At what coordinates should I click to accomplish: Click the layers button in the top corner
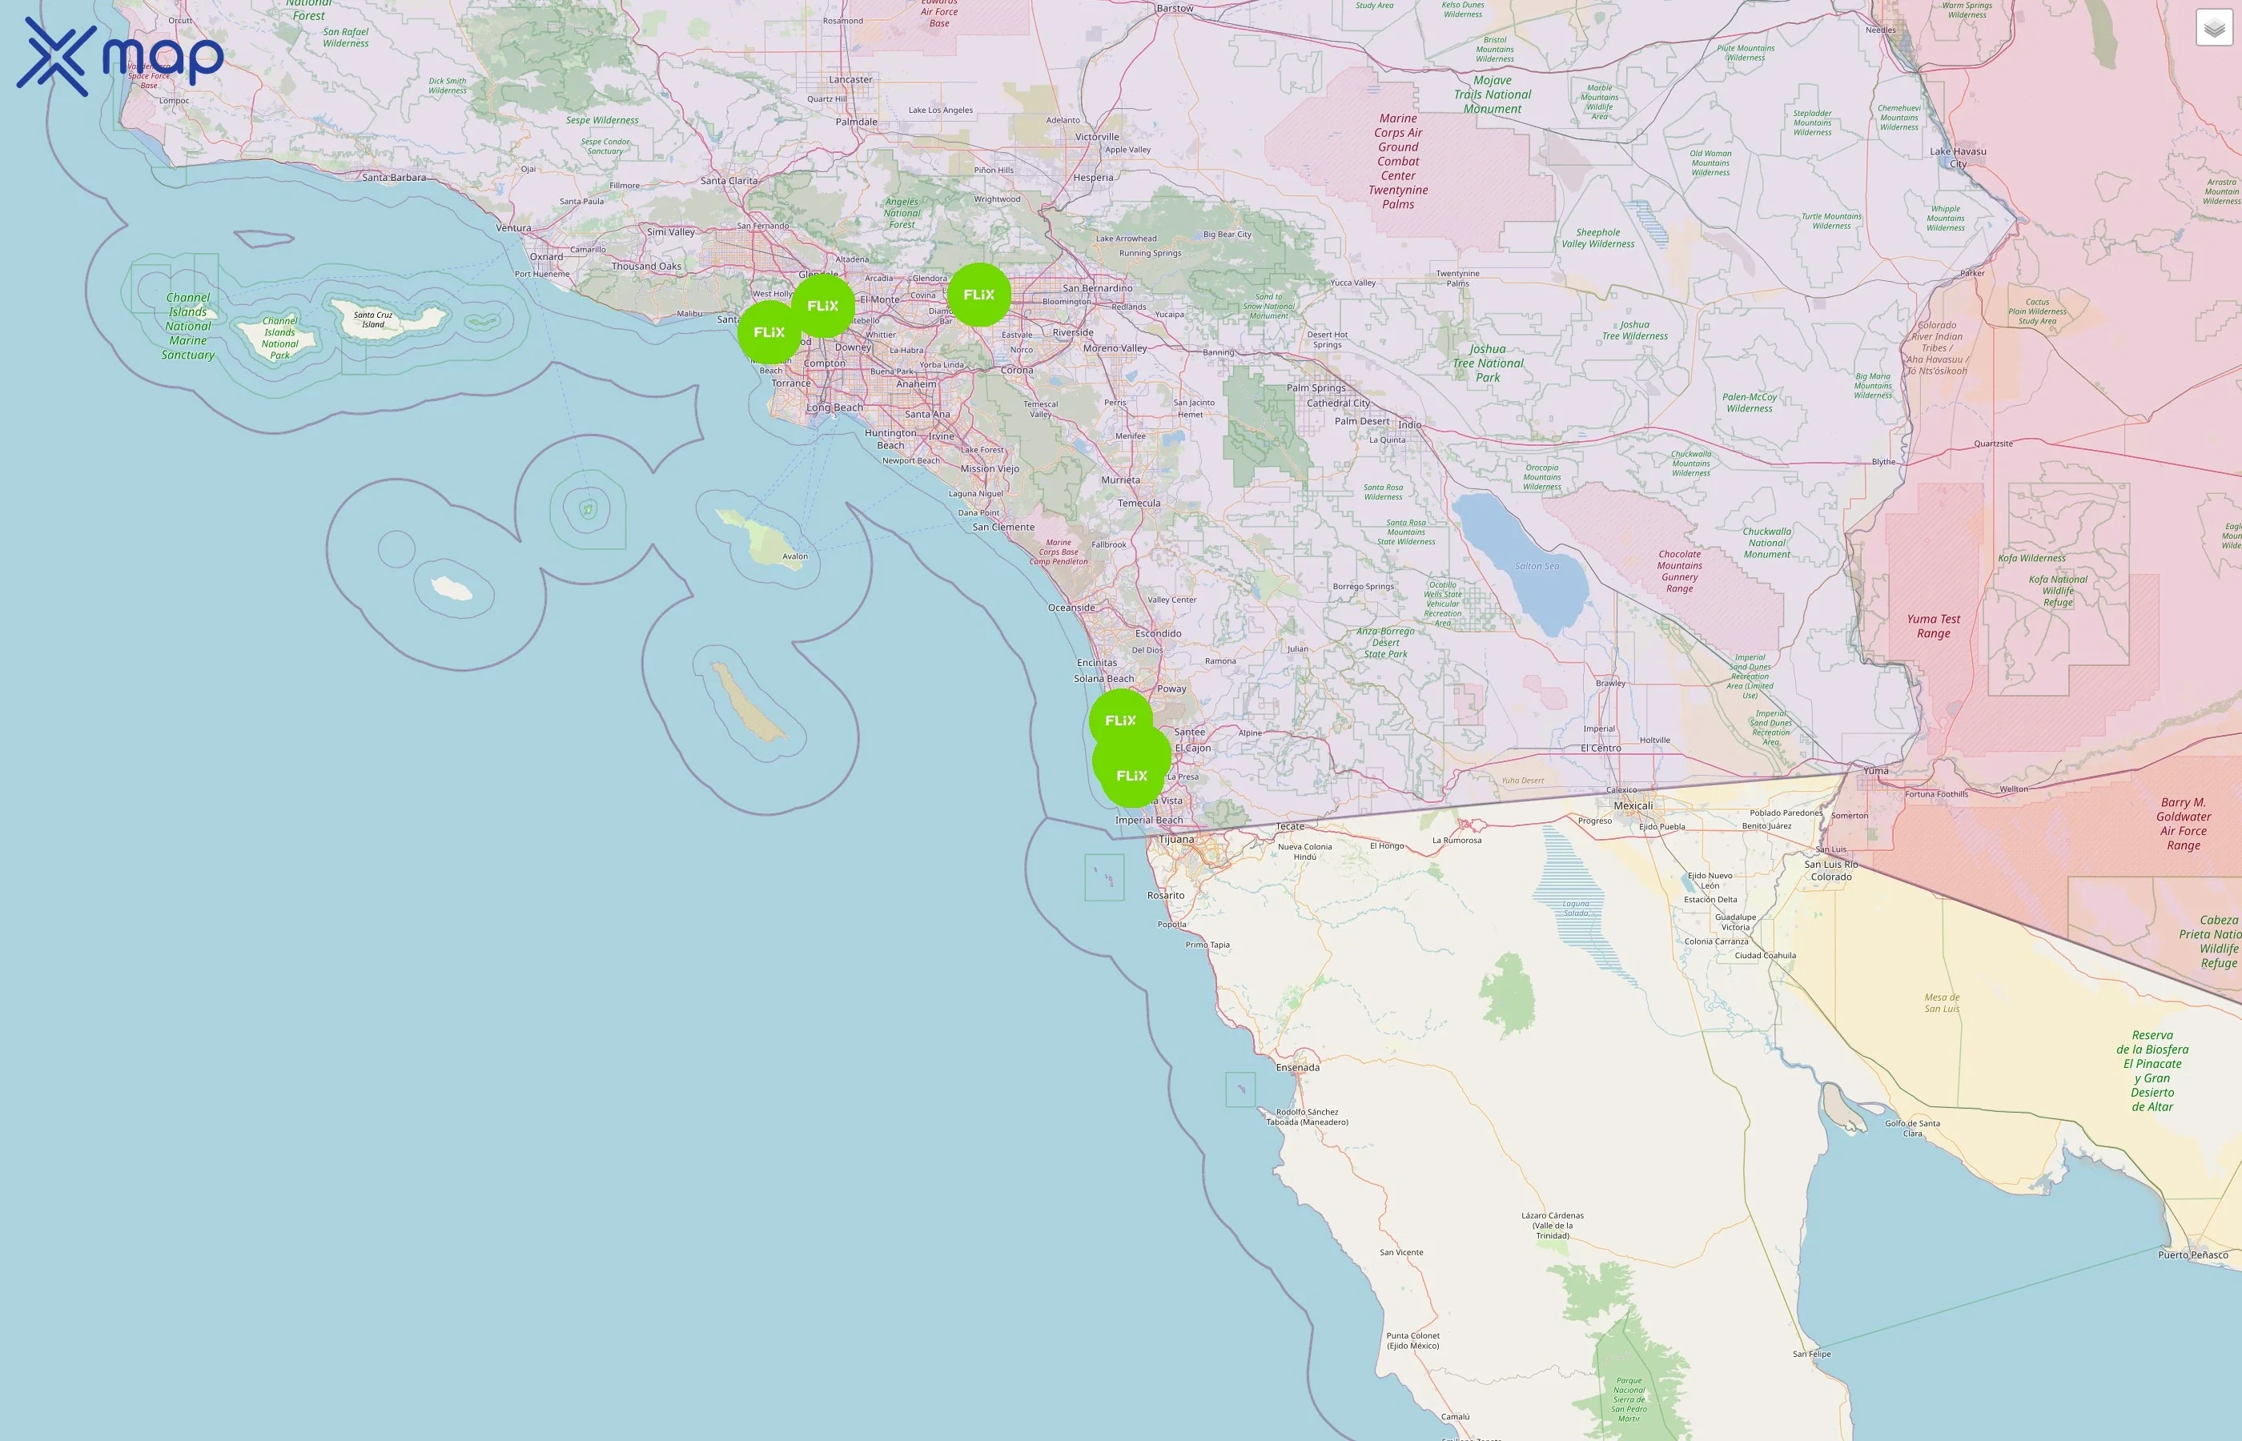click(x=2214, y=28)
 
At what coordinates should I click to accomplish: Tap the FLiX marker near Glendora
click(x=978, y=295)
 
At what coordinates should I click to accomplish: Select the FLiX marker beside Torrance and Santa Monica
click(x=769, y=332)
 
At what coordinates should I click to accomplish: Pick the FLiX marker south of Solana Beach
click(x=1120, y=720)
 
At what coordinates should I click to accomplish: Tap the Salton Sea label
click(x=1537, y=566)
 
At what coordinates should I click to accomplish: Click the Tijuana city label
click(x=1177, y=839)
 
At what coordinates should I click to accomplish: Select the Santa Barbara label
click(x=394, y=177)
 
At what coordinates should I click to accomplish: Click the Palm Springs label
click(x=1316, y=387)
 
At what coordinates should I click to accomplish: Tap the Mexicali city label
click(x=1633, y=805)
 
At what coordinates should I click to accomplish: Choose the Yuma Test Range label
click(x=1933, y=626)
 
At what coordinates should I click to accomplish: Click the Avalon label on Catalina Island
click(x=794, y=556)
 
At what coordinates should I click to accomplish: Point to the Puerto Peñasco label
click(x=2192, y=1254)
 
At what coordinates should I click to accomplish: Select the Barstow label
click(x=1175, y=9)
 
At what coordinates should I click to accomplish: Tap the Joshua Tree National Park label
click(x=1488, y=363)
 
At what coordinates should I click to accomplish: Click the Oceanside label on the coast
click(x=1071, y=608)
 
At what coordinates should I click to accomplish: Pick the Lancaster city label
click(x=850, y=79)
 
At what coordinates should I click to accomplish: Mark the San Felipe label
click(x=1811, y=1354)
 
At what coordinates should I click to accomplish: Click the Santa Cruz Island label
click(x=372, y=320)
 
